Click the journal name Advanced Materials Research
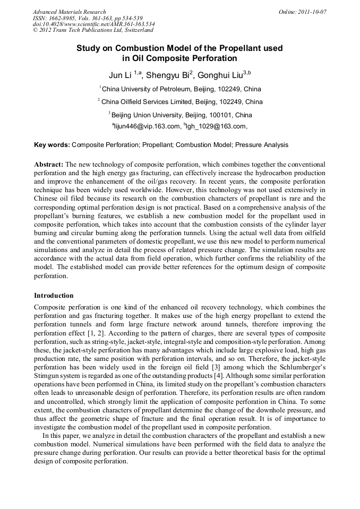pyautogui.click(x=70, y=12)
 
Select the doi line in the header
pyautogui.click(x=94, y=24)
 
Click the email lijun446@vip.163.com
pyautogui.click(x=148, y=126)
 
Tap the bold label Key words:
pyautogui.click(x=52, y=144)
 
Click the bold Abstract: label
pyautogui.click(x=49, y=165)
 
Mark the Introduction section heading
pyautogui.click(x=54, y=296)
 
